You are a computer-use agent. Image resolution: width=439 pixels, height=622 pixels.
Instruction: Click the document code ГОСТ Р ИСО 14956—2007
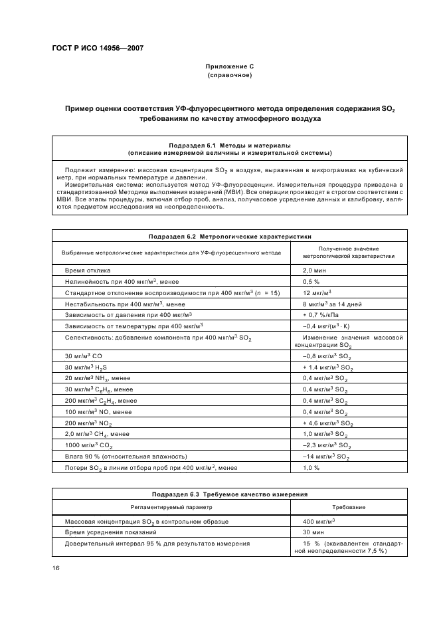[x=97, y=49]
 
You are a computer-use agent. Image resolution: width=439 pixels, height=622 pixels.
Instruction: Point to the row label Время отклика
[x=88, y=270]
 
